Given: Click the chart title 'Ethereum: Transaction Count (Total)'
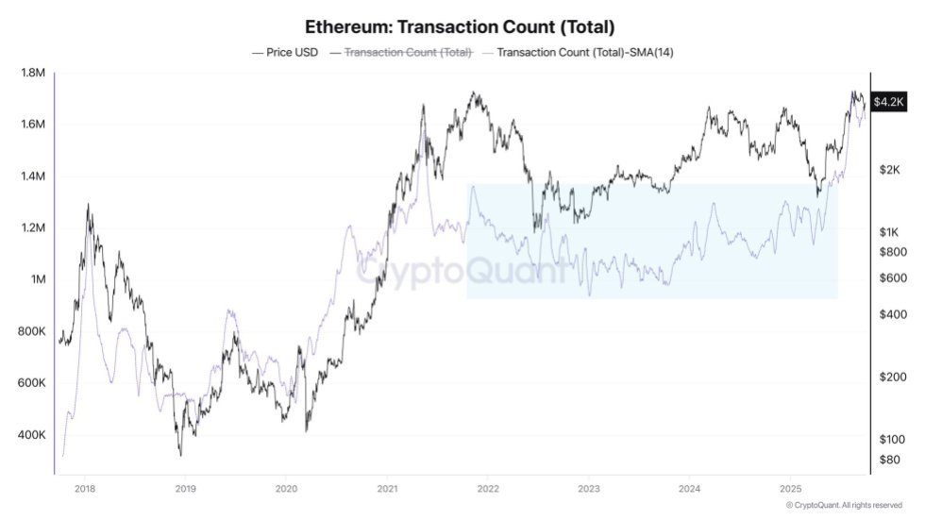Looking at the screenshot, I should (461, 26).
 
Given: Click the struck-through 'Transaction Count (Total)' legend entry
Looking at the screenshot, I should (408, 53).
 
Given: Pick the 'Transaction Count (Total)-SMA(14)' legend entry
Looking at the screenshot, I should (583, 53).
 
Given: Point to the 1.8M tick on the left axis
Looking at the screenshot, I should (34, 73).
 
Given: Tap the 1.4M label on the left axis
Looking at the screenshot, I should (34, 176).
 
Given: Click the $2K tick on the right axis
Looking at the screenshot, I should (889, 170).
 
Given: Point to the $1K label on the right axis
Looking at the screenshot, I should (889, 232).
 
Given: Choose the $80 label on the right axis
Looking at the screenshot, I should (889, 460).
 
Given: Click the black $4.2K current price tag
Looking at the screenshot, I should (889, 102).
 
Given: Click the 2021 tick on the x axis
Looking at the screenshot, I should (386, 489).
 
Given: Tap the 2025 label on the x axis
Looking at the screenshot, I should (790, 489).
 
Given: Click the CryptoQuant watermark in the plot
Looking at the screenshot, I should (462, 271).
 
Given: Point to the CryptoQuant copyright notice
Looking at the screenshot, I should (846, 506).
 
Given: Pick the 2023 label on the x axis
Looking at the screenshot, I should (588, 489).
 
